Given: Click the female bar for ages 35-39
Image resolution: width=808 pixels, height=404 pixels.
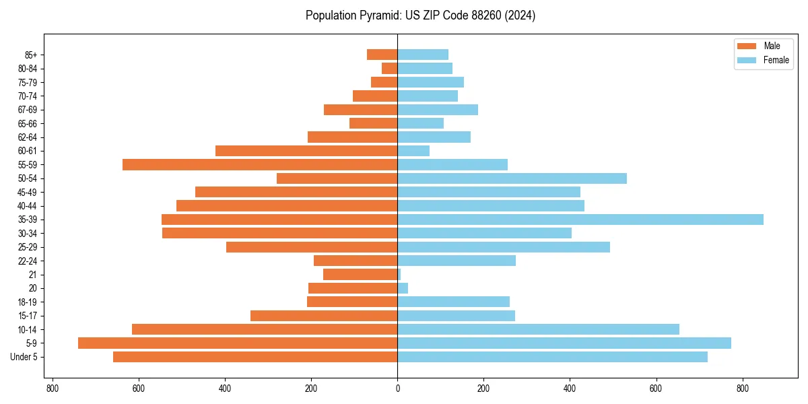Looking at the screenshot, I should [x=580, y=220].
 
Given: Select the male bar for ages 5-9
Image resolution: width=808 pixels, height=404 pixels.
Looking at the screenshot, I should [x=238, y=343].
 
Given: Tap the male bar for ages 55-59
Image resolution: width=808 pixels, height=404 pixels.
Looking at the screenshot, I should [x=260, y=164].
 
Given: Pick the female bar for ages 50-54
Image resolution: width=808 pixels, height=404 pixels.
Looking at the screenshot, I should [x=512, y=178].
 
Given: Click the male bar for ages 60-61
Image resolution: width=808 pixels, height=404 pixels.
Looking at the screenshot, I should [x=306, y=151].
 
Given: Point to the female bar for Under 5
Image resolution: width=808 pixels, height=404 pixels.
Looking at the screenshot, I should [x=552, y=357].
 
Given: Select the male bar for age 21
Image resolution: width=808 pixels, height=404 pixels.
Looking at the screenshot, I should [x=360, y=275].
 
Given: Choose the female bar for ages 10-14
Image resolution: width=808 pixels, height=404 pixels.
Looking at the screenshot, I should [x=538, y=329].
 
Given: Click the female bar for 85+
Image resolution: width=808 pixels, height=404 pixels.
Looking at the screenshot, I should [x=423, y=55].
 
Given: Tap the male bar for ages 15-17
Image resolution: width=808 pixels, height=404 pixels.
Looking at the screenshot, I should [x=324, y=316].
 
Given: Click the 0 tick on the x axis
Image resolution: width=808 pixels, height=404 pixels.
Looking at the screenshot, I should [x=397, y=389].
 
